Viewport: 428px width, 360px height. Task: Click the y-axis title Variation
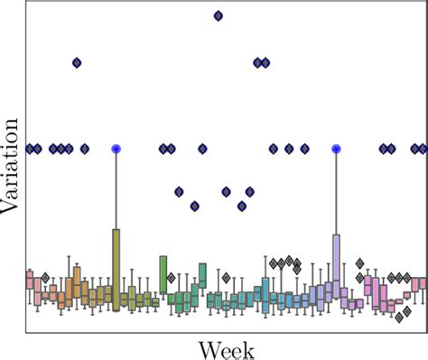click(12, 168)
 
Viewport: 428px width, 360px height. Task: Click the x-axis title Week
click(226, 348)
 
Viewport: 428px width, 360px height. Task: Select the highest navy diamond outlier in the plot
click(218, 15)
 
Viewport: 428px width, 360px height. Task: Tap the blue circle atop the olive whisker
click(116, 149)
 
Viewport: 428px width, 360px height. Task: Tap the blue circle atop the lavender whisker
click(336, 149)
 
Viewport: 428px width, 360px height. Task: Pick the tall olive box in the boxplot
click(116, 269)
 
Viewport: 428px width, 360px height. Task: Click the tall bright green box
click(163, 274)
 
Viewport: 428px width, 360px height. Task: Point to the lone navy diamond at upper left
click(77, 62)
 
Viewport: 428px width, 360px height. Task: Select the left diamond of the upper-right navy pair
click(257, 62)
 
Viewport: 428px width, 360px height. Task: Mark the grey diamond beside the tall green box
click(171, 278)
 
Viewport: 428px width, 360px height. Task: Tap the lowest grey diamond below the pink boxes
click(398, 318)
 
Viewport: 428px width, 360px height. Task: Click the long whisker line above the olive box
click(116, 189)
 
